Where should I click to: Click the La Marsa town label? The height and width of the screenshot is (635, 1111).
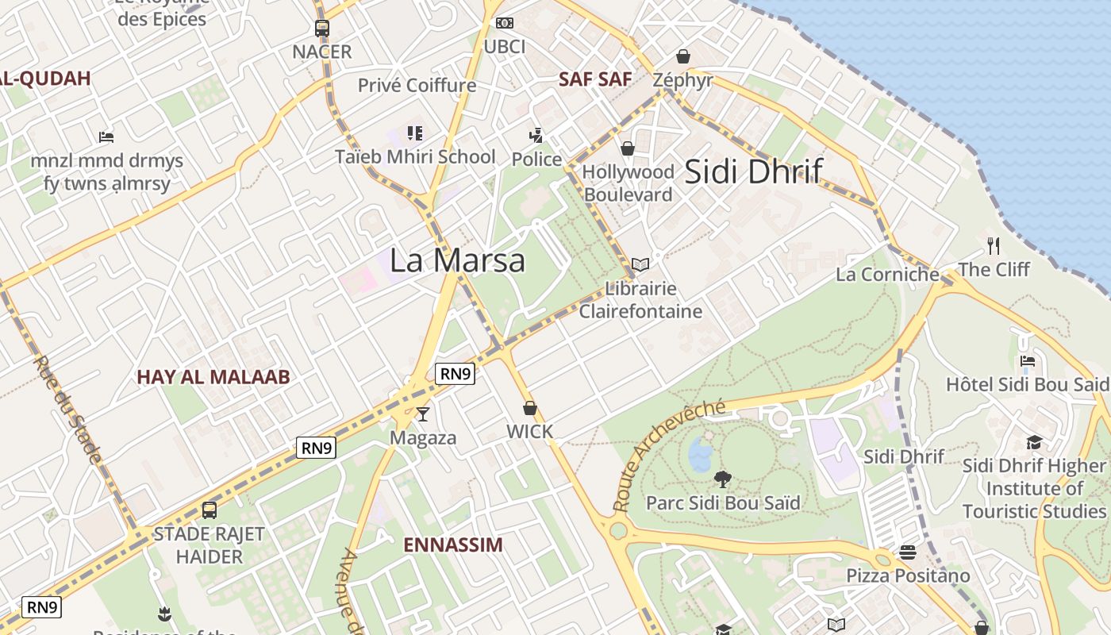click(457, 260)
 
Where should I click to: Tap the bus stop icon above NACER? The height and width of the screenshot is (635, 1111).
click(321, 29)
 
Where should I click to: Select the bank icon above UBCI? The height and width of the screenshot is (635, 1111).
click(505, 23)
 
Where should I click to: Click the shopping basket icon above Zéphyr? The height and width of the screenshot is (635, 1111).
click(682, 56)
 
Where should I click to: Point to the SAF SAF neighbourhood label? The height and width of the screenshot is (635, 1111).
click(595, 79)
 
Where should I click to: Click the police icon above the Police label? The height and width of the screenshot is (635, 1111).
click(536, 135)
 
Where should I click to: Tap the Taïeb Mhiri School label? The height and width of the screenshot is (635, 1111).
click(415, 157)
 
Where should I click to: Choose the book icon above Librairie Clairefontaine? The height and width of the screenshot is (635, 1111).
click(640, 264)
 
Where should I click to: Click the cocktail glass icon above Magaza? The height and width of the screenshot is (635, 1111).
click(423, 414)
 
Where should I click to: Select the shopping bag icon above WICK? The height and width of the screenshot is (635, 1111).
click(529, 409)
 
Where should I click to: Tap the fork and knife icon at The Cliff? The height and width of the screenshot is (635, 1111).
click(993, 245)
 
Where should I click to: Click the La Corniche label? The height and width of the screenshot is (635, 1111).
click(888, 275)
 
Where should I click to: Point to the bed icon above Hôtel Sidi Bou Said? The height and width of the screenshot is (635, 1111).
click(1028, 361)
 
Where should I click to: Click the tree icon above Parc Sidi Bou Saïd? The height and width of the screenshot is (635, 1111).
click(722, 479)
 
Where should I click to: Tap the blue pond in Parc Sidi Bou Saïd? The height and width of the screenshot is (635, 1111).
click(701, 455)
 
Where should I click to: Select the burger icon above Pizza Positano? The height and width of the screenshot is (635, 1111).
click(908, 552)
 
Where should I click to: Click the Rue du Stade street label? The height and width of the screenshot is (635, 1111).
click(67, 410)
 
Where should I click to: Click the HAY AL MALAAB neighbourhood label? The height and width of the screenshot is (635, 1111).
click(213, 377)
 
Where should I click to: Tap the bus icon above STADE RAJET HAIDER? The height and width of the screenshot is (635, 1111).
click(209, 510)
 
